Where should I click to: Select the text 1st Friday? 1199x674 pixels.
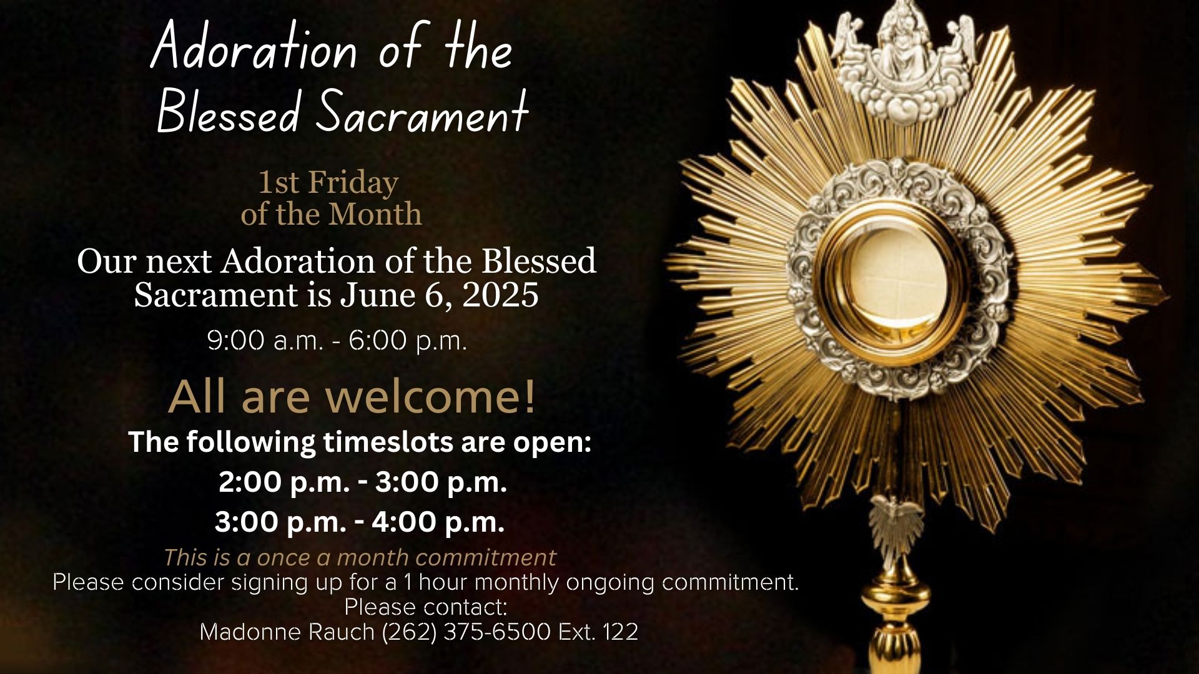coord(328,183)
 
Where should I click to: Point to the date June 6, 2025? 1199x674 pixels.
coord(439,295)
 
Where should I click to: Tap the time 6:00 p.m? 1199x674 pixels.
coord(408,341)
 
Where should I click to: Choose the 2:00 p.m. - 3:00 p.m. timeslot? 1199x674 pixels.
coord(362,482)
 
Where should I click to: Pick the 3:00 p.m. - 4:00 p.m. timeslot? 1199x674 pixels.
coord(360,522)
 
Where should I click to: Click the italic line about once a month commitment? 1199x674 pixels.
coord(360,557)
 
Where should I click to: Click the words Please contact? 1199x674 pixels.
coord(425,607)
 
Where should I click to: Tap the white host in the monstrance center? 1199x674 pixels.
coord(897,281)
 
